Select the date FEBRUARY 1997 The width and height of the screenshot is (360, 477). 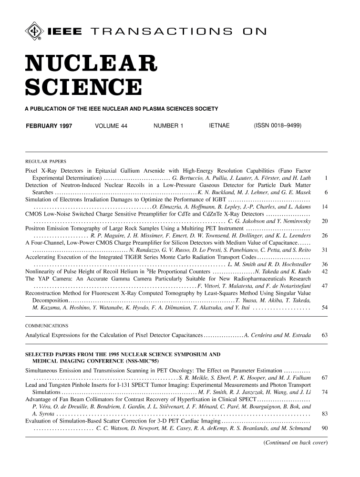tap(46, 126)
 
